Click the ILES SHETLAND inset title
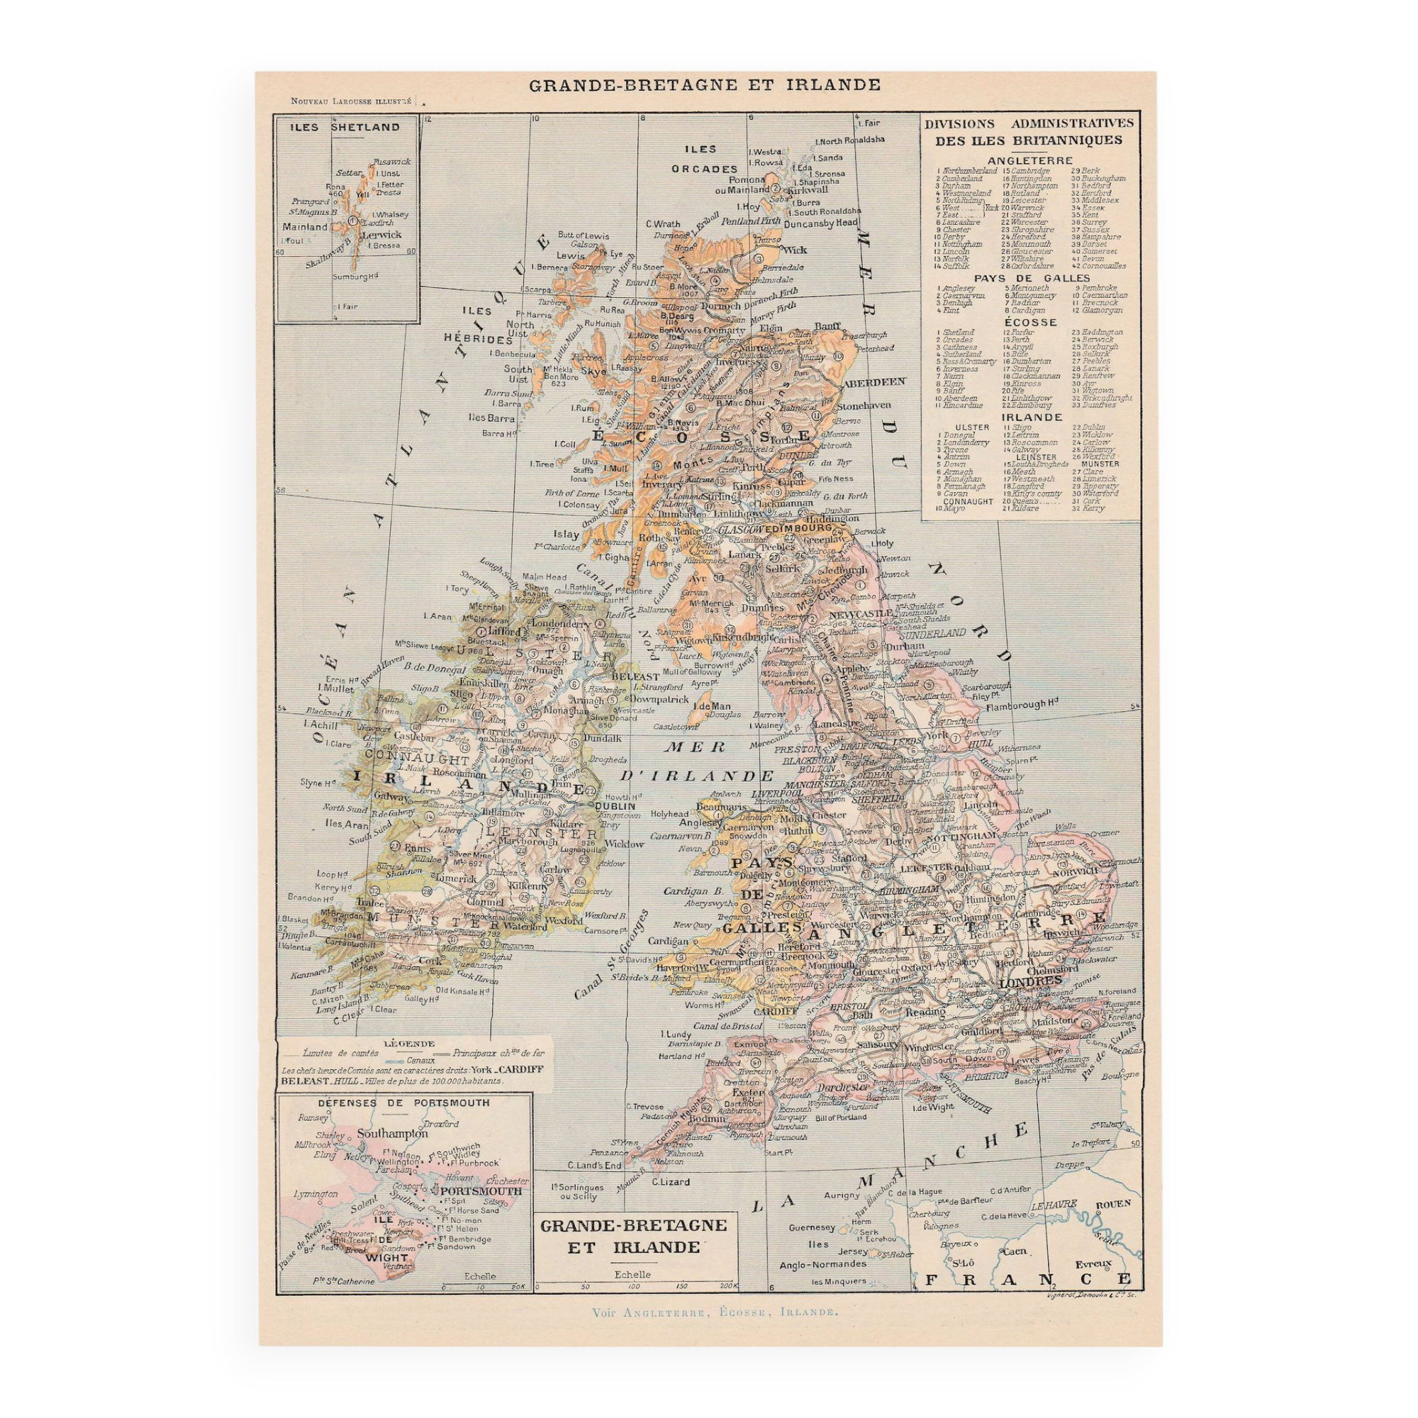pyautogui.click(x=345, y=127)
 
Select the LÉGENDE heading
pyautogui.click(x=415, y=1043)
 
